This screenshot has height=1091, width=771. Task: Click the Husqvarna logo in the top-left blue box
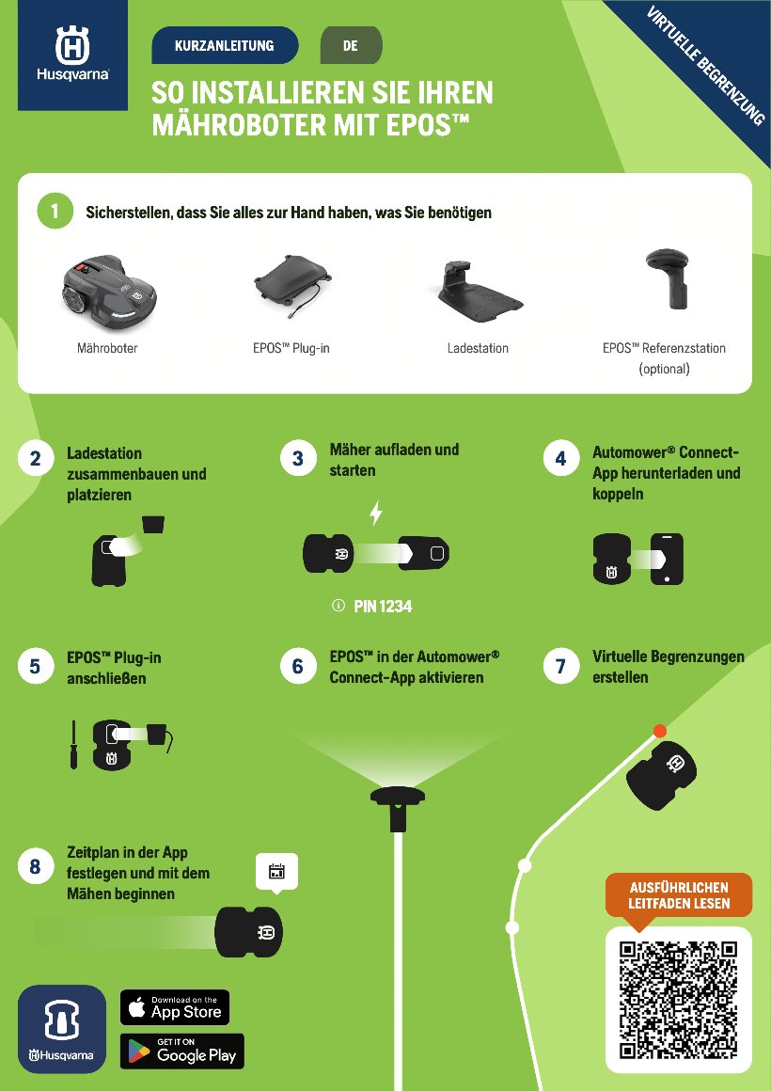[x=72, y=55]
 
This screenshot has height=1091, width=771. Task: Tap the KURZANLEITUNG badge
[x=225, y=46]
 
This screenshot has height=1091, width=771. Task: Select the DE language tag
[x=351, y=46]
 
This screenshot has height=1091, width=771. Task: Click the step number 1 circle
[x=55, y=211]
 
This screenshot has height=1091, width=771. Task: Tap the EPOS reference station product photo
[x=667, y=278]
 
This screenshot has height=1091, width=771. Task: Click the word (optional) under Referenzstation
[x=665, y=369]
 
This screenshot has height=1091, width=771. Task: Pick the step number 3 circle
[x=298, y=459]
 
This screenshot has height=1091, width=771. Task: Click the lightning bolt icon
[x=376, y=513]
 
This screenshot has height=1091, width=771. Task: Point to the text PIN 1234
[x=383, y=607]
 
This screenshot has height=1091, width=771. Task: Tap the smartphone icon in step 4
[x=667, y=559]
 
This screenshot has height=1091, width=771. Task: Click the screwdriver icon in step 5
[x=73, y=745]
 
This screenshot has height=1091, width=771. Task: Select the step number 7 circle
[x=560, y=667]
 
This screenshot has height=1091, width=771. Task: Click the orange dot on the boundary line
[x=660, y=731]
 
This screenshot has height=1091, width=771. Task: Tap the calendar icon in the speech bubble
[x=276, y=871]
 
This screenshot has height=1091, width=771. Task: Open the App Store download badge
[x=175, y=1007]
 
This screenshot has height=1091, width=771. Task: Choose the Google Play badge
[x=182, y=1051]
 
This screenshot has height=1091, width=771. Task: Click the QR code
[x=679, y=1000]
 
